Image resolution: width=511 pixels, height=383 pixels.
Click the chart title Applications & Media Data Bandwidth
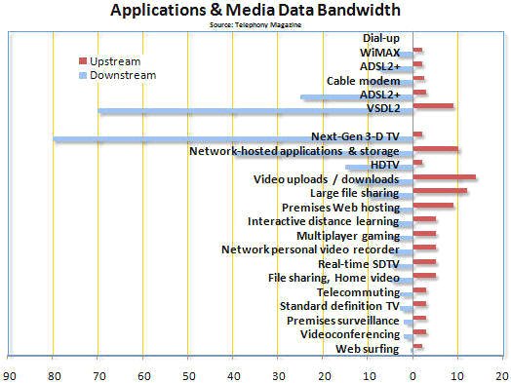pyautogui.click(x=255, y=11)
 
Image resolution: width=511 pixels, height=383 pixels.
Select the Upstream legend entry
pyautogui.click(x=114, y=60)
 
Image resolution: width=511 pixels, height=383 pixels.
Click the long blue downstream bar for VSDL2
pyautogui.click(x=255, y=111)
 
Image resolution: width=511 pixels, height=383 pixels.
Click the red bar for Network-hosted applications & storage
pyautogui.click(x=435, y=149)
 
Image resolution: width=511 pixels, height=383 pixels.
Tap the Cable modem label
pyautogui.click(x=363, y=81)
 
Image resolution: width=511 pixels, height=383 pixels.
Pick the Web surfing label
pyautogui.click(x=367, y=348)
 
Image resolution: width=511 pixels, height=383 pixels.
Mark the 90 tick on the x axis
pyautogui.click(x=10, y=371)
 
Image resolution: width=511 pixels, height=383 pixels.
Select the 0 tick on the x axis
pyautogui.click(x=413, y=371)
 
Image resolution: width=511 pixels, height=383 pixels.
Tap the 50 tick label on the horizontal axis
pyautogui.click(x=189, y=371)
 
